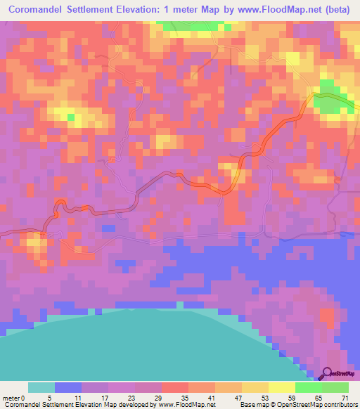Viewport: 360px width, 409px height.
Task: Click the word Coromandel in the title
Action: tap(43, 10)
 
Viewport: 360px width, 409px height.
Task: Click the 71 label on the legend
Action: tap(345, 397)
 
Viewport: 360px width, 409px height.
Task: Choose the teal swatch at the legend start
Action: tap(41, 387)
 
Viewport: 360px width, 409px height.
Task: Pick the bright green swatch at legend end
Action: tap(335, 387)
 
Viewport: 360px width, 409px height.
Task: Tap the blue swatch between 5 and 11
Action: tap(68, 387)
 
